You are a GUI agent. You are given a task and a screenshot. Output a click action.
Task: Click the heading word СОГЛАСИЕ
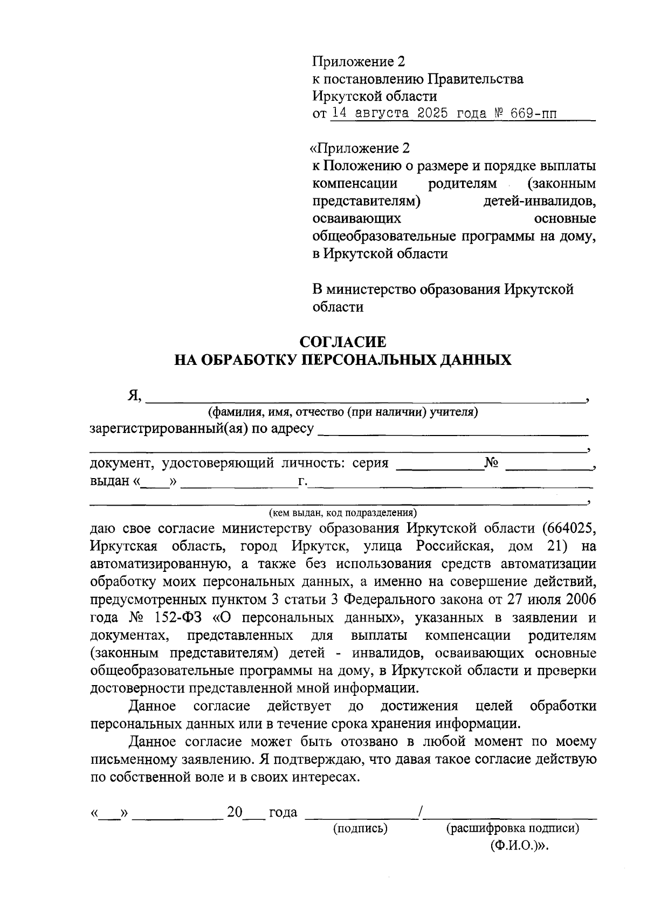(343, 342)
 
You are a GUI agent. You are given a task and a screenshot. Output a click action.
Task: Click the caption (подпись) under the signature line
(361, 828)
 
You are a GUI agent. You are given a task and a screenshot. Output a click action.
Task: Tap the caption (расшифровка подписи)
(512, 828)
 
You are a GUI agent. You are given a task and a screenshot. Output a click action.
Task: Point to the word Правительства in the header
(476, 79)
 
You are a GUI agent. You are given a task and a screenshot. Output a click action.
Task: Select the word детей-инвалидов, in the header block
(539, 202)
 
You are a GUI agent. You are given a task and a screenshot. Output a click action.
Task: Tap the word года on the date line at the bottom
(283, 812)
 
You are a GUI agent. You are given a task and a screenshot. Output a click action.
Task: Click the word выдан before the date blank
(110, 481)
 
